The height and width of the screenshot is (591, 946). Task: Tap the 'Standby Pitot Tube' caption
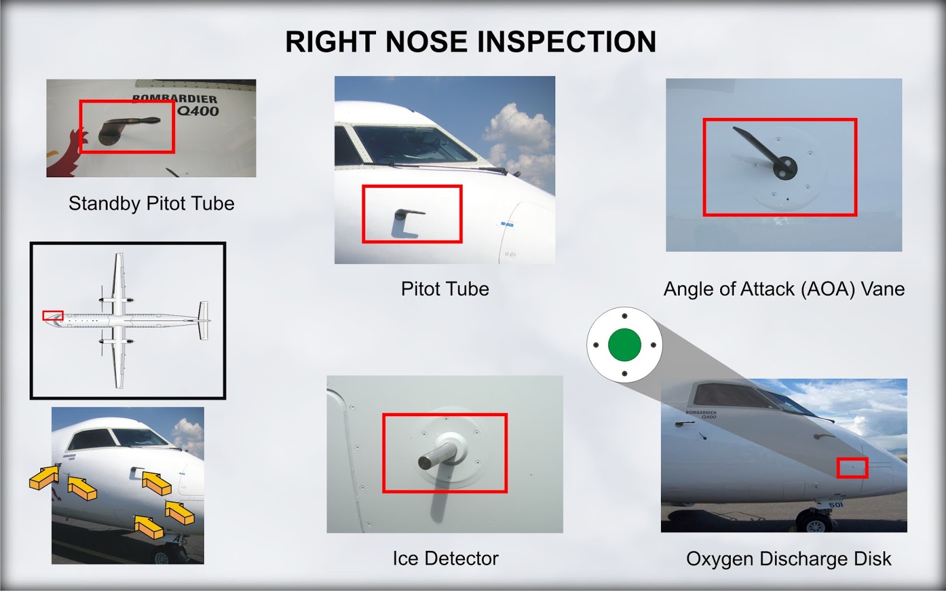pos(151,203)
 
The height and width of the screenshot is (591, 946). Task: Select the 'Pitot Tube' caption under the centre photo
pos(445,289)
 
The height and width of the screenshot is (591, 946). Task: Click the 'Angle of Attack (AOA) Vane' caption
pos(784,289)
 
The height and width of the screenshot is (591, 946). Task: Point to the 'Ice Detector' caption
pos(445,558)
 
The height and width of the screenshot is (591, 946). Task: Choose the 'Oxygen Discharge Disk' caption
pos(788,559)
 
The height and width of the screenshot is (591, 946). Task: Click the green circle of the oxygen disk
pos(624,345)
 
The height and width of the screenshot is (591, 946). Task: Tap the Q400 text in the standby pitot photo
pos(198,111)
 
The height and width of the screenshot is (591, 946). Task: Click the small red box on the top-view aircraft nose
pos(53,316)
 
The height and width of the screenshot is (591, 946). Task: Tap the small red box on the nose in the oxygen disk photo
pos(852,467)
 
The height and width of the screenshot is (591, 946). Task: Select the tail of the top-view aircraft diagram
pos(203,320)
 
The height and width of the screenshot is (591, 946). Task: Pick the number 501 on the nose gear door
pos(835,505)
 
